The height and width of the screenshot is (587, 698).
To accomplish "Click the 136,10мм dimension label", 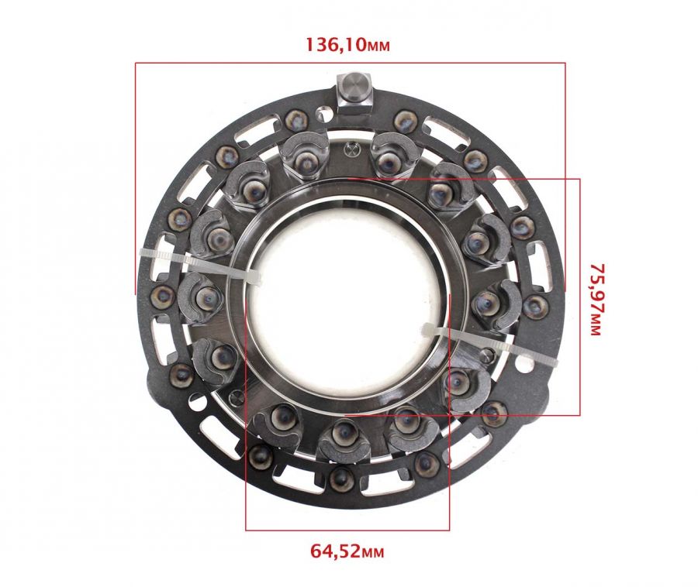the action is [x=347, y=44].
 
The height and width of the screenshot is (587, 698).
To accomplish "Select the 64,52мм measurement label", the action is [x=347, y=551].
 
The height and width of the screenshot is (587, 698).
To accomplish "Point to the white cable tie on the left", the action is [x=200, y=266].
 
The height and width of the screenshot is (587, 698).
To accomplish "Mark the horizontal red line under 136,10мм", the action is [x=351, y=63].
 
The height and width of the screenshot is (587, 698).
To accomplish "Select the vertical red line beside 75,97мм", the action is [x=579, y=297].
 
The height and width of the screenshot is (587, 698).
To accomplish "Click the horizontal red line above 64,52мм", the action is [x=347, y=530].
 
